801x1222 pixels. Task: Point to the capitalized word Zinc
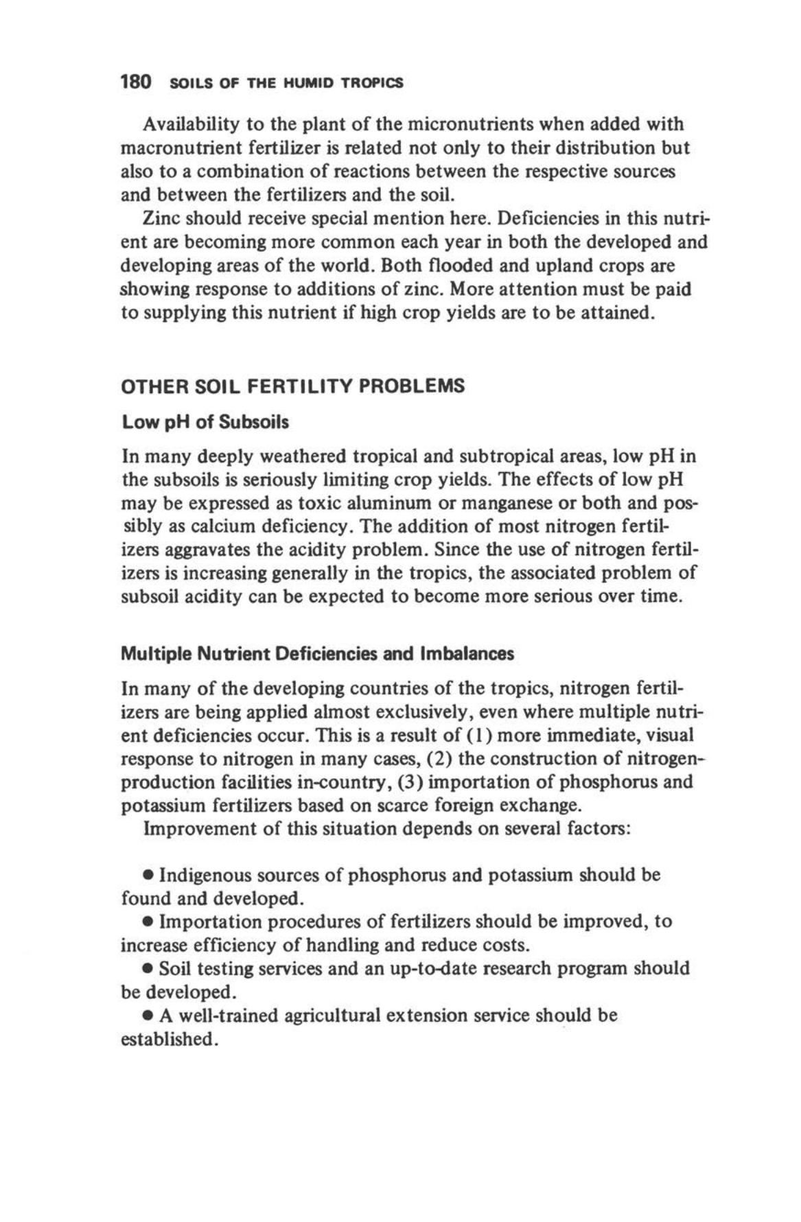(x=162, y=219)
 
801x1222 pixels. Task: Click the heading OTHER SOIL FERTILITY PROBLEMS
(x=292, y=386)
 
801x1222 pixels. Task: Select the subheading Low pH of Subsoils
(x=205, y=422)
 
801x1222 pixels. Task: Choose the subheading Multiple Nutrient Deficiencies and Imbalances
(x=317, y=654)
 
